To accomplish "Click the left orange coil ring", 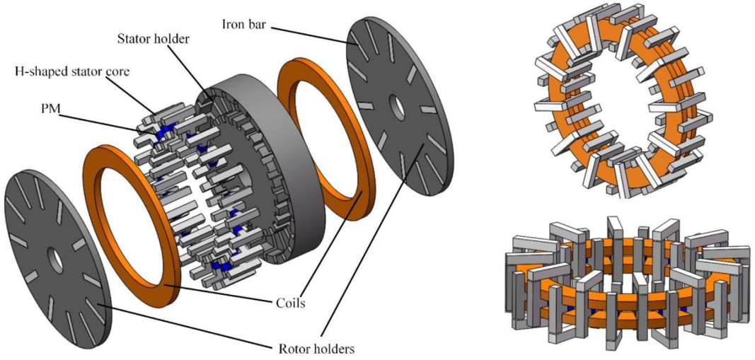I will tap(100, 177).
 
